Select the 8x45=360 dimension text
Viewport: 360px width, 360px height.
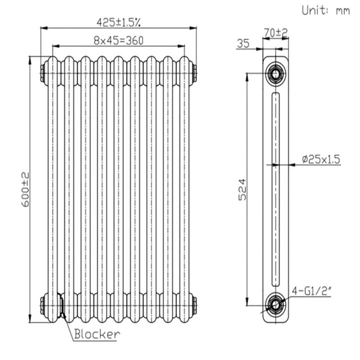[119, 40]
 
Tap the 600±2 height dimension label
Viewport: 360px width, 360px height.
[25, 190]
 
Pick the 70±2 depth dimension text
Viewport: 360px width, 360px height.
[276, 33]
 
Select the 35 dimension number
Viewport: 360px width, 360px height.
[244, 44]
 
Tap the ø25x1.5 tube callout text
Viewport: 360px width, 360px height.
[321, 159]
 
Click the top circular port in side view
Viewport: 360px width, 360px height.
[276, 74]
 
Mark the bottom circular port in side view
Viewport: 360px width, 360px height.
[276, 304]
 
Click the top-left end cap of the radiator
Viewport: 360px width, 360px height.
[43, 73]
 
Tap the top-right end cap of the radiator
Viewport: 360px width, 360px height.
[194, 73]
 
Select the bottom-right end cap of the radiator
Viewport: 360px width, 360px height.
[194, 304]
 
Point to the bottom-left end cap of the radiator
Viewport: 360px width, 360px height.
[43, 304]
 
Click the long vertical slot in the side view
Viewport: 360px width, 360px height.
[276, 189]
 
